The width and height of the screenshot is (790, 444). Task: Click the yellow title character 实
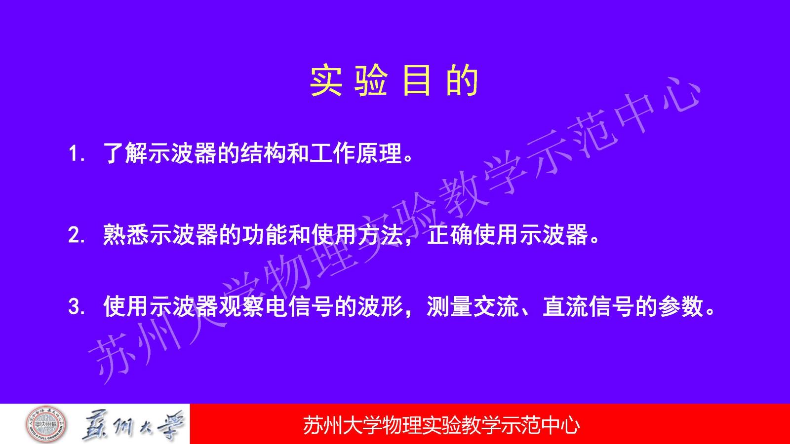(x=326, y=81)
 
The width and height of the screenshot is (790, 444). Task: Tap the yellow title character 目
(x=417, y=81)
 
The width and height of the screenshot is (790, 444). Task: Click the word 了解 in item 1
(x=125, y=153)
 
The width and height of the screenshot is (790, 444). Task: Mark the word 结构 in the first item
(x=264, y=153)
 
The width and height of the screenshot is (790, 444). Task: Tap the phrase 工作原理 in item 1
(x=356, y=153)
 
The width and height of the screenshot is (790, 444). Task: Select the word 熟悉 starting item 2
(x=125, y=234)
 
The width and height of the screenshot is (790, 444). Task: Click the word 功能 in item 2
(x=264, y=234)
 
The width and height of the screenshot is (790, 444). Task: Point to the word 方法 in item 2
(x=379, y=234)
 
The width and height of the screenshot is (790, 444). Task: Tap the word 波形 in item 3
(x=379, y=306)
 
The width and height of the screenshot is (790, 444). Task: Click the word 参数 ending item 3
(x=680, y=306)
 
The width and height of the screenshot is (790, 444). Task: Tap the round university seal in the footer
(x=46, y=424)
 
